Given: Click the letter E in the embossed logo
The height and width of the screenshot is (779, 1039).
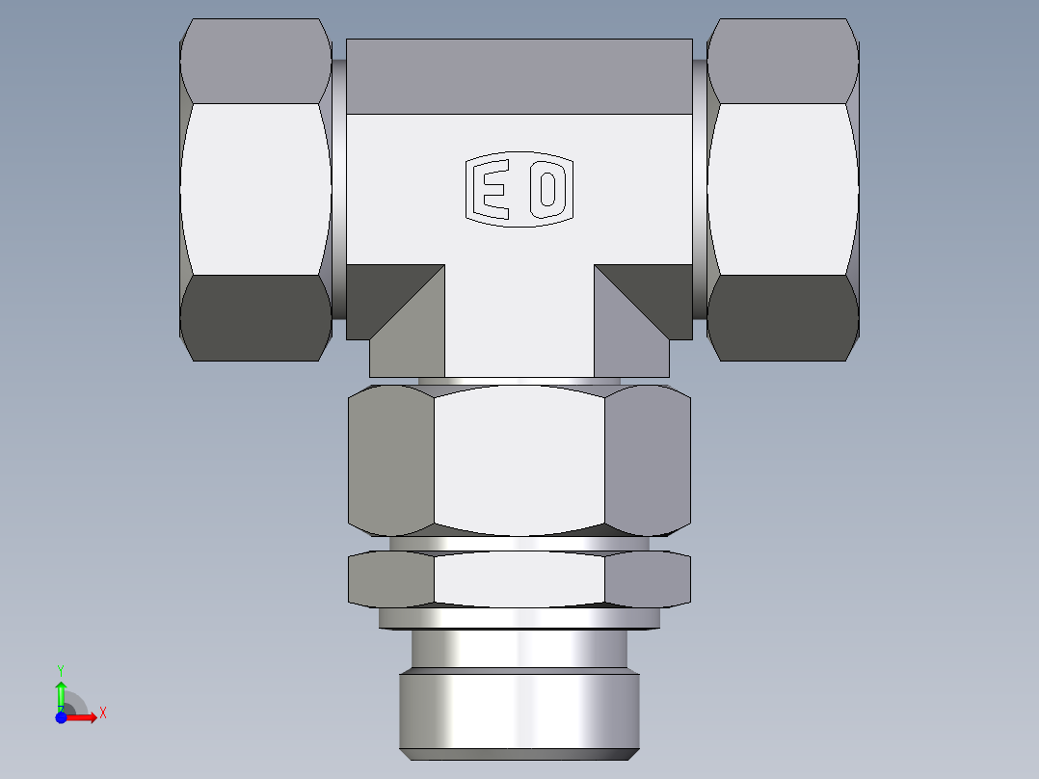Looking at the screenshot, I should coord(493,190).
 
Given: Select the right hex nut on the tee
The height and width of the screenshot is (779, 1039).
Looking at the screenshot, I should coord(783,189).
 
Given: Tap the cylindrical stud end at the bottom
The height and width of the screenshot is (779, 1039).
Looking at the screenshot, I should coord(519,710).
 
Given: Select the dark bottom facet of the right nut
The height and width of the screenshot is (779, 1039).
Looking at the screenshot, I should coord(783,318).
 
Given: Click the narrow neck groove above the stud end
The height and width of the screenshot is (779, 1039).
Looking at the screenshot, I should coord(519,649).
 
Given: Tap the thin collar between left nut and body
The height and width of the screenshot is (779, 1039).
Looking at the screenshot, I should coord(339,189).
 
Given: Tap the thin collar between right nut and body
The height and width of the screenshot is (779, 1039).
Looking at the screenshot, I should coord(700,189).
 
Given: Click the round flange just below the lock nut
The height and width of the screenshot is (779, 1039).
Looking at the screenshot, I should coord(519,618).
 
